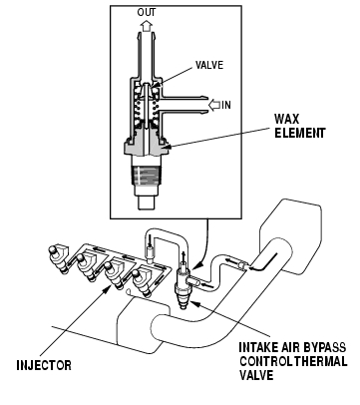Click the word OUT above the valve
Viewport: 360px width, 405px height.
click(147, 13)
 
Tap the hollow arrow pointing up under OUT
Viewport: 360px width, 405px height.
click(146, 25)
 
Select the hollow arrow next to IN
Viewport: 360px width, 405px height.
click(214, 105)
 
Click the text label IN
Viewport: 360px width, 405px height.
click(226, 105)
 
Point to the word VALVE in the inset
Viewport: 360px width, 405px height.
click(209, 65)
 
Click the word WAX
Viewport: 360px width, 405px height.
click(286, 119)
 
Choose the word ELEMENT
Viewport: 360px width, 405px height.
click(299, 134)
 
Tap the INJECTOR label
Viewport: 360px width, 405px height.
click(44, 365)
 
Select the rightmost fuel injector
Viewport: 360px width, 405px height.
click(142, 283)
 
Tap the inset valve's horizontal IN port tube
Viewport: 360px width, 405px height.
click(183, 105)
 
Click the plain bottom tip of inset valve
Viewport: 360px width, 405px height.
click(147, 202)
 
